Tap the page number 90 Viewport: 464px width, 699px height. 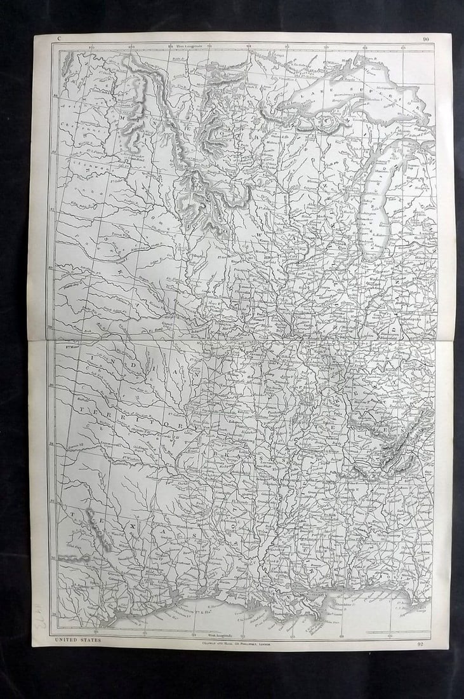tap(425, 39)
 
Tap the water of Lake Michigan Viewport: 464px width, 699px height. tap(375, 210)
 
